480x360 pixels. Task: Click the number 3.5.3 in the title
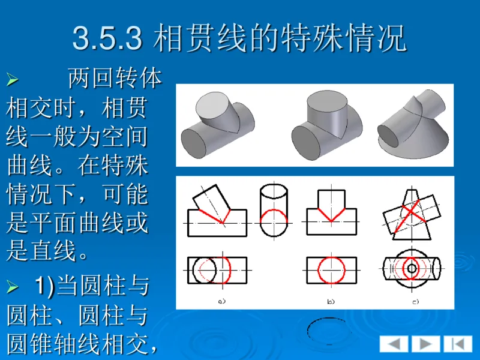pyautogui.click(x=107, y=38)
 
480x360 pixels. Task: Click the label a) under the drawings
pyautogui.click(x=221, y=301)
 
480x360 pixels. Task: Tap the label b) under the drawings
pyautogui.click(x=330, y=301)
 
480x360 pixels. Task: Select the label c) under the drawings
pyautogui.click(x=415, y=301)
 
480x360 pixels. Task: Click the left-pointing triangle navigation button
pyautogui.click(x=394, y=344)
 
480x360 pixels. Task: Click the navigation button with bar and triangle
pyautogui.click(x=458, y=344)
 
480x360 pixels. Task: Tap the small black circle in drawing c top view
pyautogui.click(x=412, y=268)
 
